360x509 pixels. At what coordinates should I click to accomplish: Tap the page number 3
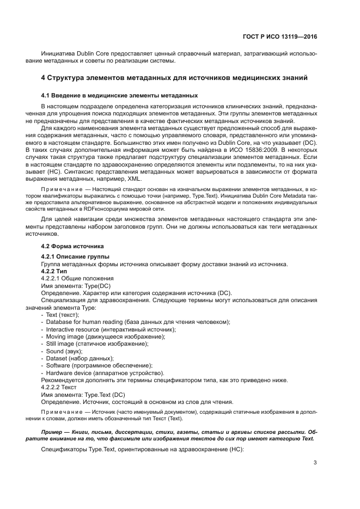[x=315, y=463]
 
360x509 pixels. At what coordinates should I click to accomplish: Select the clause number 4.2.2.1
[x=52, y=278]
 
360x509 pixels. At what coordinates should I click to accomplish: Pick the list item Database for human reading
[x=138, y=322]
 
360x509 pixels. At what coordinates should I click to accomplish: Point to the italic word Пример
[x=52, y=430]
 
